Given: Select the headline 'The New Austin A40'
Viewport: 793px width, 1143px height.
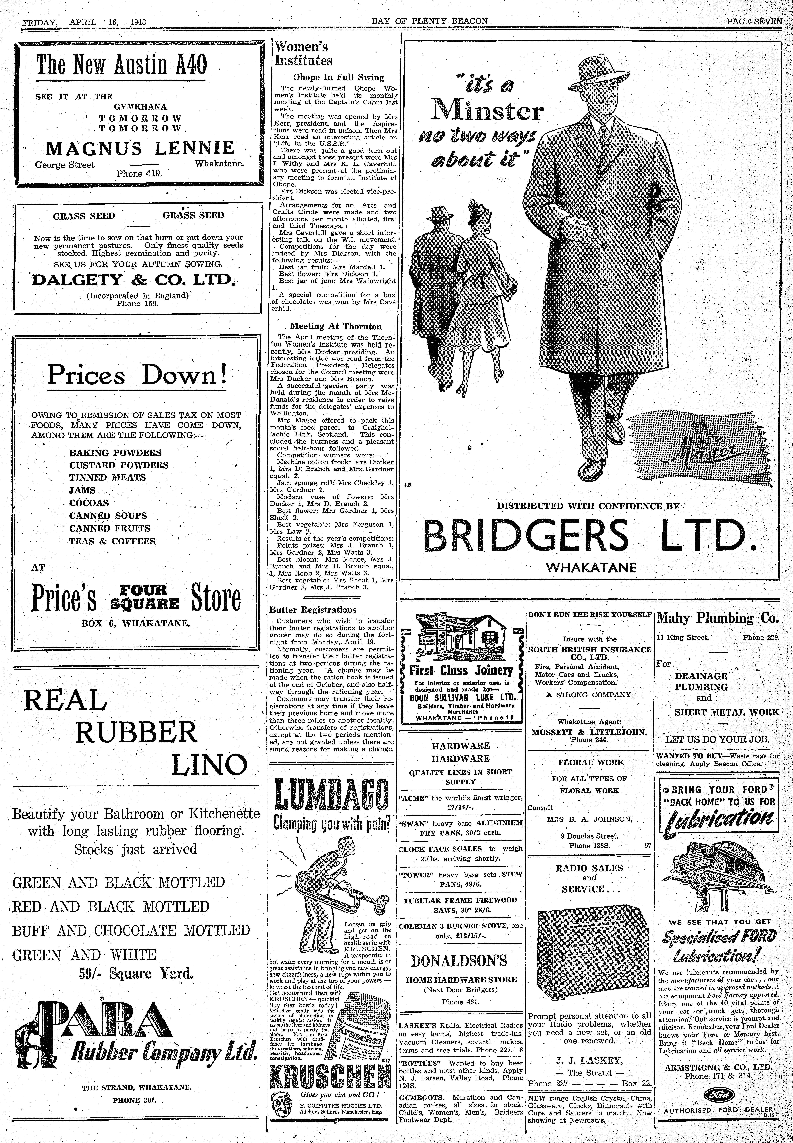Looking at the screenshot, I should (121, 65).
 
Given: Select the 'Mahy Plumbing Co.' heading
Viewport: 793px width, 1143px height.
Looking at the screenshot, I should (718, 618).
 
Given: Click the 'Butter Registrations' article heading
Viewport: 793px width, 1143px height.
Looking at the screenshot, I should (313, 610).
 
